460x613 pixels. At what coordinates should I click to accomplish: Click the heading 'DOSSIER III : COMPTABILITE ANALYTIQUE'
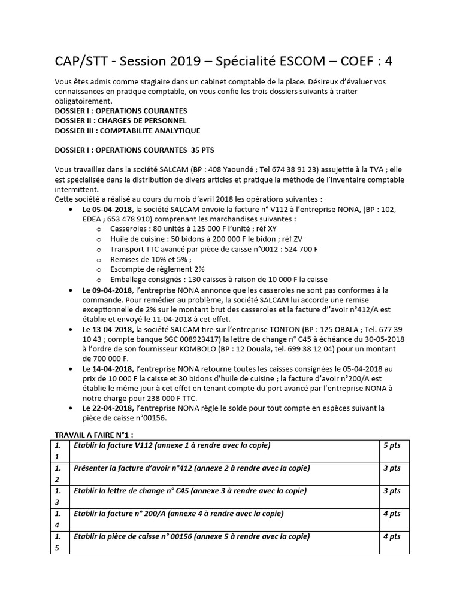pos(127,131)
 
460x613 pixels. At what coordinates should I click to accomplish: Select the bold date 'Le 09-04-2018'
pos(108,290)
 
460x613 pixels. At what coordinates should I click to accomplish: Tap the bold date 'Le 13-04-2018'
pos(108,329)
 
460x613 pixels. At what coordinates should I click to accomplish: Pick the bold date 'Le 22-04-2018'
pos(108,408)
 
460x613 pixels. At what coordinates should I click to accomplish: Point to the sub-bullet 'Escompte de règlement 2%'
pos(158,269)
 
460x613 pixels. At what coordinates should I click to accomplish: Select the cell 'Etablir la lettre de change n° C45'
pos(189,491)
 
